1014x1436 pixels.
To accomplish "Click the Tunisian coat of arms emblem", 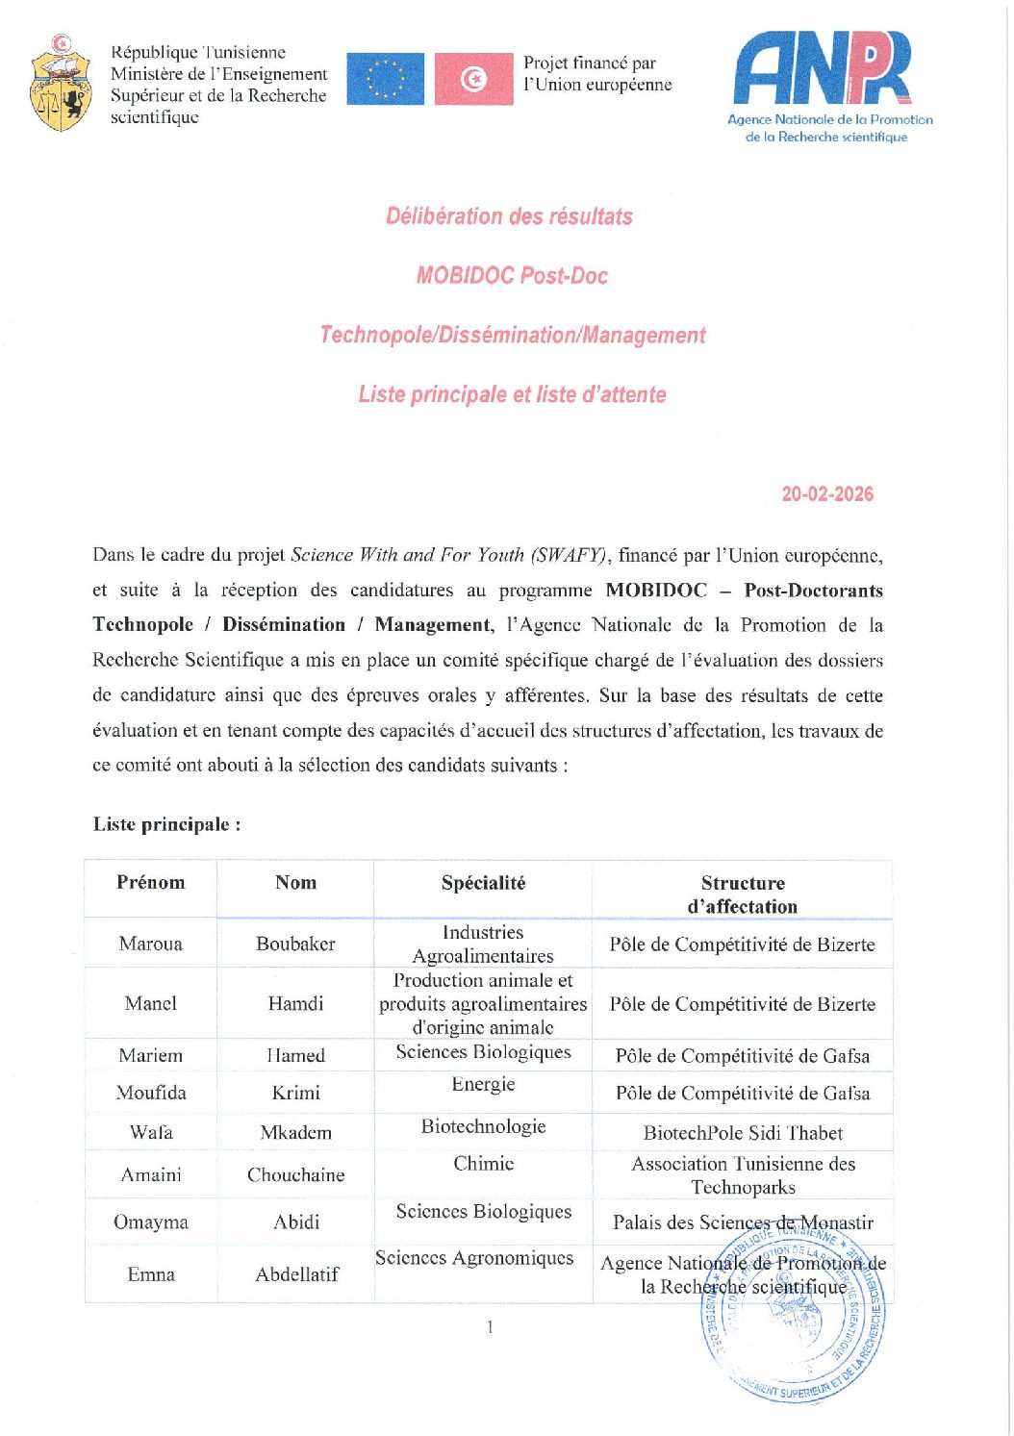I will pos(61,85).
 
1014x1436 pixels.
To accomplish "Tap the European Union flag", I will pos(385,79).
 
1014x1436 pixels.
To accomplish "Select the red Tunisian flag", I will pos(473,79).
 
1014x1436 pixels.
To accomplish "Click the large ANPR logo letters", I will pos(823,67).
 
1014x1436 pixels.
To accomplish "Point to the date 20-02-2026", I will pos(827,494).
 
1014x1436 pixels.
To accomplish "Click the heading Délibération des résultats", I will pos(509,216).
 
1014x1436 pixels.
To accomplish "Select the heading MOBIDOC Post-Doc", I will pos(512,276).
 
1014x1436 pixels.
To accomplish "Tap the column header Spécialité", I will pos(483,883).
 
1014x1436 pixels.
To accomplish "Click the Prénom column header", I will pos(150,883).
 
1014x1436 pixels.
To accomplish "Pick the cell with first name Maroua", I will pos(150,944).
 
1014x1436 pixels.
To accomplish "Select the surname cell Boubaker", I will pos(295,944).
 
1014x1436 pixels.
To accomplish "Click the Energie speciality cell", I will pos(483,1085).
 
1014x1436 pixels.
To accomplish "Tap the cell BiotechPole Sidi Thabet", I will pos(743,1133).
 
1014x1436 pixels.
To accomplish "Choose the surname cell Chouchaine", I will pos(295,1174).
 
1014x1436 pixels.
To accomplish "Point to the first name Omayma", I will pos(150,1222).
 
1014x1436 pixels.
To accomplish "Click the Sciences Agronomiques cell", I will pos(474,1258).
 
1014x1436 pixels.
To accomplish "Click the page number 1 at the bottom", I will pos(490,1327).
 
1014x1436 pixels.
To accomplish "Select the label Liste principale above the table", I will pos(166,824).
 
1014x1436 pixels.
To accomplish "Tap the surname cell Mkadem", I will pos(295,1133).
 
